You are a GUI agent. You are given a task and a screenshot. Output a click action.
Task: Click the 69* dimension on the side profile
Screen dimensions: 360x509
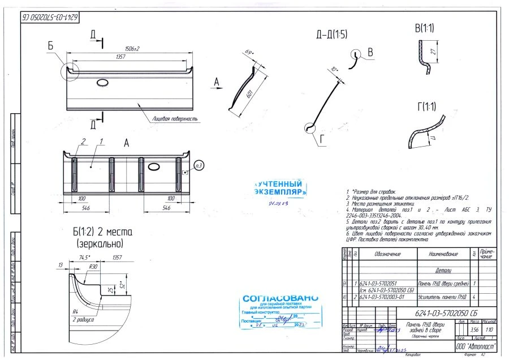click(248, 54)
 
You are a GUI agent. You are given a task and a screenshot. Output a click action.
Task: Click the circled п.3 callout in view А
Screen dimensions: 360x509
click(198, 165)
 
